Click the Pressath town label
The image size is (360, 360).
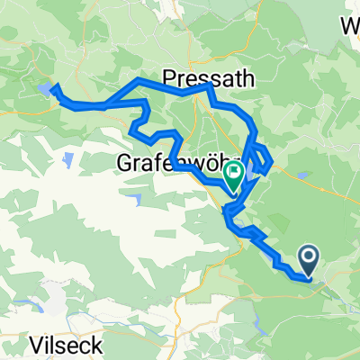(x=209, y=76)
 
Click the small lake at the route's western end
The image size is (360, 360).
(x=44, y=89)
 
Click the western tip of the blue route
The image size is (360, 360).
(x=53, y=87)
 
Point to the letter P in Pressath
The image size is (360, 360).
(x=171, y=76)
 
